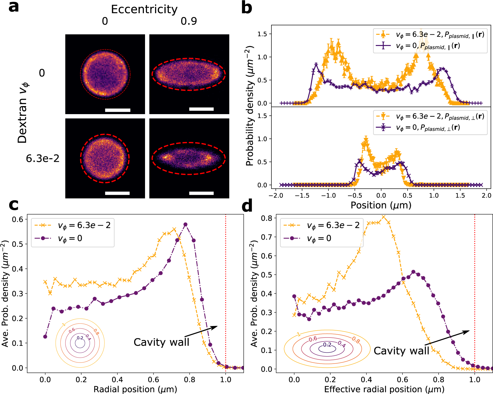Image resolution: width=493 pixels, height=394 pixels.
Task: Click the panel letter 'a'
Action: [14, 7]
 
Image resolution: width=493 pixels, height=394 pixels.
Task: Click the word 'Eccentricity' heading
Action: [144, 9]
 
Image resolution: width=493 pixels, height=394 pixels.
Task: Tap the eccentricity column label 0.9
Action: [189, 21]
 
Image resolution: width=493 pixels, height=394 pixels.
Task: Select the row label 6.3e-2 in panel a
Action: [43, 158]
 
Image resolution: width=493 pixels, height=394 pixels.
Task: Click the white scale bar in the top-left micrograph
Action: [118, 110]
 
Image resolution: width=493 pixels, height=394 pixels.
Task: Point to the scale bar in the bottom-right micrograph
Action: [201, 193]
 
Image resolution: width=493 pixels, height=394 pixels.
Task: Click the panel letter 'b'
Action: [246, 7]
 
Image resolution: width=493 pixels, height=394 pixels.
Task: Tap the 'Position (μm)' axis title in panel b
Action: [381, 205]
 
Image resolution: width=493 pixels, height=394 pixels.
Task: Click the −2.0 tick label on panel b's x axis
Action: [276, 196]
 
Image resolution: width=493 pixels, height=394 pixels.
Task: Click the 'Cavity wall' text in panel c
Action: [161, 342]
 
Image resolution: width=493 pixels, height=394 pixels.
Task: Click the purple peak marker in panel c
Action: [185, 225]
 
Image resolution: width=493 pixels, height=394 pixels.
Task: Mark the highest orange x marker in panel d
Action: [384, 217]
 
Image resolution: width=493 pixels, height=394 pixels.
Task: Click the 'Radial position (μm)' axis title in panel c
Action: [135, 389]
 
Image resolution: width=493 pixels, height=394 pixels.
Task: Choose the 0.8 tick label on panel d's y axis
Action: [266, 218]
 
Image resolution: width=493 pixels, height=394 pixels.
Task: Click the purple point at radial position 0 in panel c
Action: [45, 337]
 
